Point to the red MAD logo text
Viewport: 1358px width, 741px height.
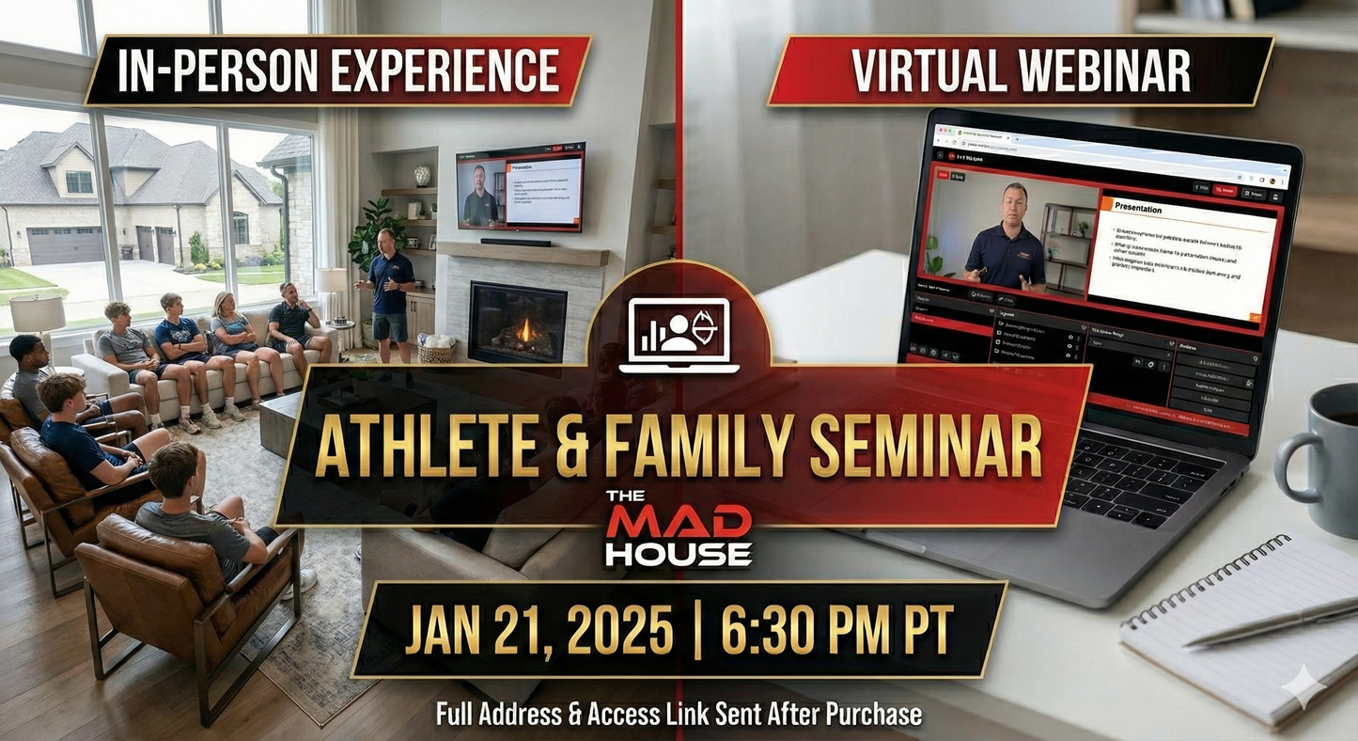678,521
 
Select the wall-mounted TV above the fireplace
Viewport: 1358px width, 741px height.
520,185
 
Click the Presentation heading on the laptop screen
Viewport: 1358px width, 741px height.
1137,209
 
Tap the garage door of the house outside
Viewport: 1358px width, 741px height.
67,245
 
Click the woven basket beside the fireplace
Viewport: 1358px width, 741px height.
434,350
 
